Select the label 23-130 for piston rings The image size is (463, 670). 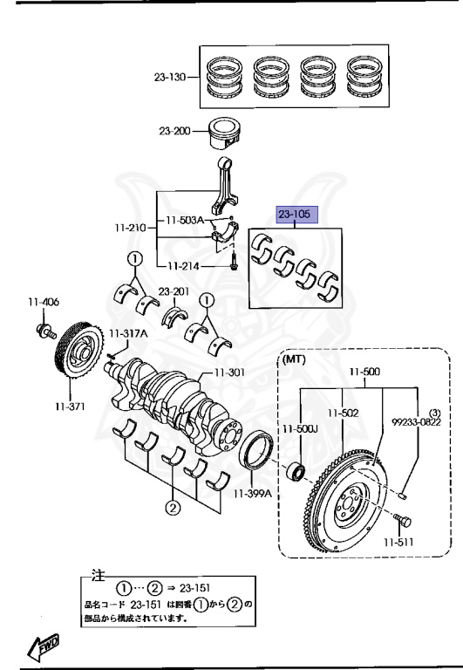tap(169, 78)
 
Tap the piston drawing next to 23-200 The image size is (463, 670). tap(225, 133)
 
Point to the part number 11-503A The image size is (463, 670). tap(185, 221)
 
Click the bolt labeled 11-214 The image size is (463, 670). tap(233, 261)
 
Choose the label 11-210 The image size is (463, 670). tap(130, 228)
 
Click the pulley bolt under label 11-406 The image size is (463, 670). tap(46, 332)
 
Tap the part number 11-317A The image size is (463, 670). tap(128, 334)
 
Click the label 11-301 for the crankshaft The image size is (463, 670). tap(229, 373)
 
